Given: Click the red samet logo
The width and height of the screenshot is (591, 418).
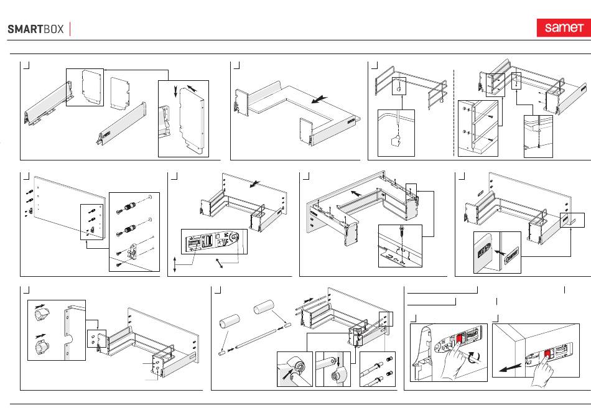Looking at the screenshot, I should pos(562,28).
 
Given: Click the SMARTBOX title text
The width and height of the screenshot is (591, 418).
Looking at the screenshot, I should pos(35,29).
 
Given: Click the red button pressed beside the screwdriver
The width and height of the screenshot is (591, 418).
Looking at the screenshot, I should pos(460,339).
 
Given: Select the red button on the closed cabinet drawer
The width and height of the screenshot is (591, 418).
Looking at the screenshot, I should pos(548,355).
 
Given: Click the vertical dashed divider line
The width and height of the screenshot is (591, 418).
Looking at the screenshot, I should pos(455,109).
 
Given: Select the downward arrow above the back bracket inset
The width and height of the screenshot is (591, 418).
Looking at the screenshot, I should pos(175,92).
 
